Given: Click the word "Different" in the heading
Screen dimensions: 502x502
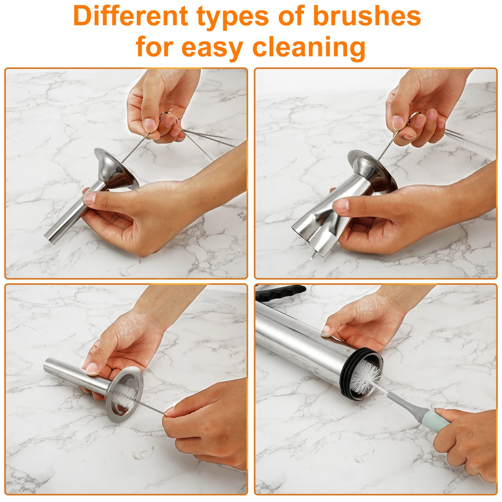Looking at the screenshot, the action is (131, 15).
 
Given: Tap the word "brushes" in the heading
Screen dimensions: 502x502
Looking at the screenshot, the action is (367, 15).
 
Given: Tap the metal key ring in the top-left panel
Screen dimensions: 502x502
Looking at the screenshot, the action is (168, 116).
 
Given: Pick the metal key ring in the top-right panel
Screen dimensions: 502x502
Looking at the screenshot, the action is (414, 116).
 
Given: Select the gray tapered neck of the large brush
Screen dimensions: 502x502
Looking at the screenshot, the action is (405, 404).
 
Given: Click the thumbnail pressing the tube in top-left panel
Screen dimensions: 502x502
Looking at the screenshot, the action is (89, 199).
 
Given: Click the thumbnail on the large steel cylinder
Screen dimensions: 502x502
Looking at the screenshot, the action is (325, 331).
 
